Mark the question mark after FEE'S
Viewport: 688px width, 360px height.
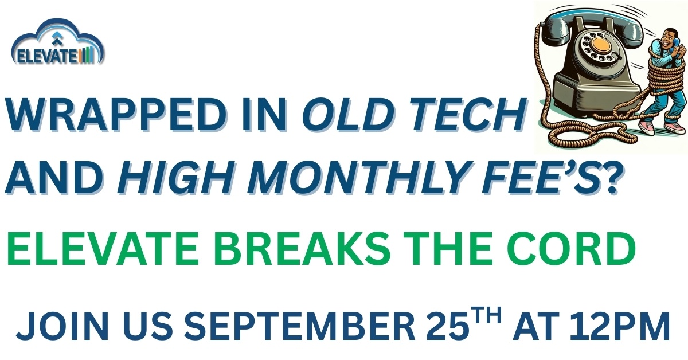pyautogui.click(x=608, y=178)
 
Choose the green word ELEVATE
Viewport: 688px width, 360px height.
pyautogui.click(x=101, y=248)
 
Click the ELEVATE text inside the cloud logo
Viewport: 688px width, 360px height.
pyautogui.click(x=47, y=57)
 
